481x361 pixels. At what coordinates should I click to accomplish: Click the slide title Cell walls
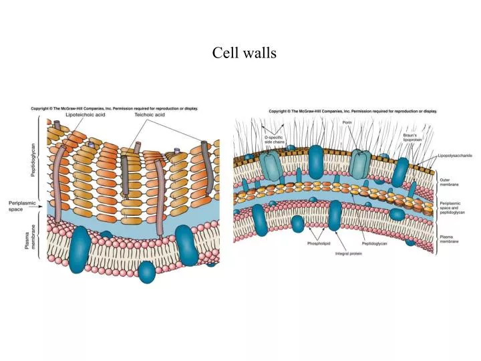pyautogui.click(x=245, y=53)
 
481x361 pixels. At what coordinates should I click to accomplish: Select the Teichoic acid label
pyautogui.click(x=150, y=115)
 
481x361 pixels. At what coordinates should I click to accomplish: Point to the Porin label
pyautogui.click(x=347, y=122)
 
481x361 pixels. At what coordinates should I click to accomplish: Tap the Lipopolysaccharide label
pyautogui.click(x=455, y=155)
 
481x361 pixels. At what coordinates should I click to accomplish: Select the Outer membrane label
pyautogui.click(x=448, y=181)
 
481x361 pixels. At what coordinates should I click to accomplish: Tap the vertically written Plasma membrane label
pyautogui.click(x=29, y=236)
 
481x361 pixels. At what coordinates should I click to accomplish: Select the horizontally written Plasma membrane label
pyautogui.click(x=449, y=239)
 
